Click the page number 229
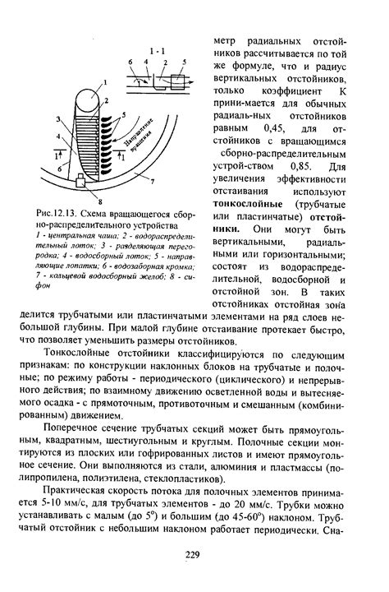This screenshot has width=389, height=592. pos(194,557)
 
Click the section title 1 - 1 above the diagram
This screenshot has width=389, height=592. pos(162,51)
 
